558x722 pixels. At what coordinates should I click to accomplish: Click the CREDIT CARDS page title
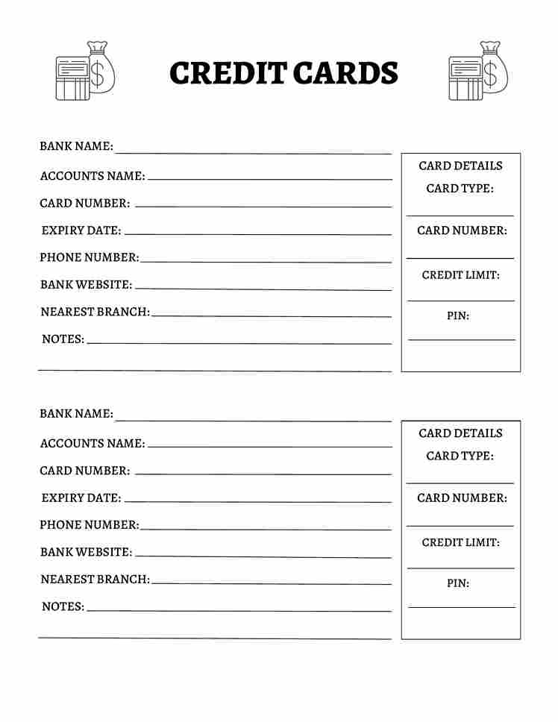[283, 73]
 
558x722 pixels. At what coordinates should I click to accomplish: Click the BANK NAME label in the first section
[76, 146]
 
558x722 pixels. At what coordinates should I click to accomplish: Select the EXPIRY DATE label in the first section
[81, 230]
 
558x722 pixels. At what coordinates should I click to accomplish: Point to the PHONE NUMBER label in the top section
[90, 257]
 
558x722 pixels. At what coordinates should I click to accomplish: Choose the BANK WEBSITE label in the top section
[86, 285]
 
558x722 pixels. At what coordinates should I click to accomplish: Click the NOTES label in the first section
[63, 339]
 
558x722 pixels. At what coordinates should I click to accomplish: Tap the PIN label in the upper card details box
[458, 316]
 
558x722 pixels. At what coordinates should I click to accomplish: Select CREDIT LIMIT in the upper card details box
[460, 275]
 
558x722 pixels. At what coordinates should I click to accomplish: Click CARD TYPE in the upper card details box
[460, 189]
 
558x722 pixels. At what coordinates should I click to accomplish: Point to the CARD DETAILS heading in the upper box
[460, 166]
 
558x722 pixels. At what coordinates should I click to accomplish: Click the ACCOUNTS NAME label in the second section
[93, 443]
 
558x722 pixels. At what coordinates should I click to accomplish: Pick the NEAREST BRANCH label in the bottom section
[95, 579]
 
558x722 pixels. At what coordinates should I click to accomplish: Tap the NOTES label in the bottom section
[63, 606]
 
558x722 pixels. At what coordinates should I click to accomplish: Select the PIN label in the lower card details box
[458, 583]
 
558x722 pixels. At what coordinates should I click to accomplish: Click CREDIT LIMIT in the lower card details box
[460, 542]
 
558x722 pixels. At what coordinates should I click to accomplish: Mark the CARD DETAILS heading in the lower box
[460, 433]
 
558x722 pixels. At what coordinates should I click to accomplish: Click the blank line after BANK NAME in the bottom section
[254, 420]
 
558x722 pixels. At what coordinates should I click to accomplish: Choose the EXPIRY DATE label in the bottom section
[81, 497]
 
